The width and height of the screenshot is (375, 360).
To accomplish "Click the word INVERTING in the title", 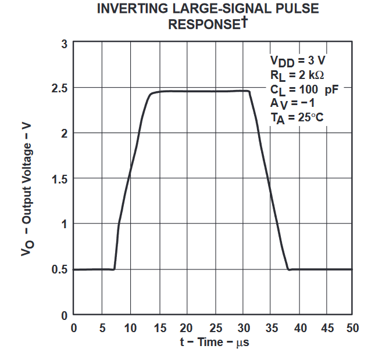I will click(130, 9).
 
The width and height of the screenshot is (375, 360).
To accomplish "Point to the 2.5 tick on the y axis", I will click(60, 88).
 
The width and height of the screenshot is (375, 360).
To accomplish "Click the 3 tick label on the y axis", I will click(65, 44).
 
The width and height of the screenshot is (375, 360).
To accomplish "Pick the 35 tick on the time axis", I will click(272, 327).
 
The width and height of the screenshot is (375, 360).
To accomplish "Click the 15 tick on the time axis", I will click(158, 327).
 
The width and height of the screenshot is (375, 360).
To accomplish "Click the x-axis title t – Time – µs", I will click(215, 342).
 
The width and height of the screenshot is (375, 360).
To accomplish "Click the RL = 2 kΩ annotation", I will click(297, 74).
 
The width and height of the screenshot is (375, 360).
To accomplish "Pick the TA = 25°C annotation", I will click(297, 118).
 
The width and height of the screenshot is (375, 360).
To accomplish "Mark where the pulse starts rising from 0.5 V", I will click(114, 269).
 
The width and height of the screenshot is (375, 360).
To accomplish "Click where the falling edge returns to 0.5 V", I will click(289, 269).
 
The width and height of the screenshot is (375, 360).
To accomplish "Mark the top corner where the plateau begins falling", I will click(249, 91).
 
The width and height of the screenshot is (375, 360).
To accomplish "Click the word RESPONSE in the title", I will click(204, 24).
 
